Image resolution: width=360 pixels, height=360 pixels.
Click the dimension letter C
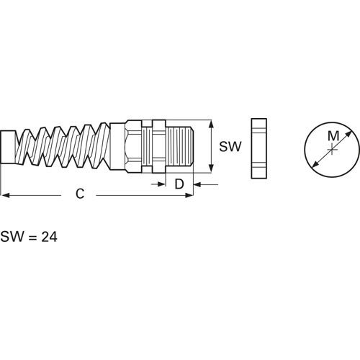(x=80, y=194)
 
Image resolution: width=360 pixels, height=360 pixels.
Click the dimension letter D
(x=179, y=184)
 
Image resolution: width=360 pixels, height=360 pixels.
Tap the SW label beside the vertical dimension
(x=230, y=146)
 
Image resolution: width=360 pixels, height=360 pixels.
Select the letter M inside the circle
(x=333, y=136)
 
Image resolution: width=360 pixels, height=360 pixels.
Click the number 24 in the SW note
(x=50, y=237)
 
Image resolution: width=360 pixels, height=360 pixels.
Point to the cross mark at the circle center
(x=332, y=150)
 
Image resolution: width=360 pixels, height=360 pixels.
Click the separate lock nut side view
(x=259, y=148)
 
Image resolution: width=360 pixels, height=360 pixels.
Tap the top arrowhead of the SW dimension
(x=211, y=125)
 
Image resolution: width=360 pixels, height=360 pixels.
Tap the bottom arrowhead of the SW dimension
(x=211, y=168)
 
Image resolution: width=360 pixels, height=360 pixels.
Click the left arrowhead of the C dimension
(x=5, y=195)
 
